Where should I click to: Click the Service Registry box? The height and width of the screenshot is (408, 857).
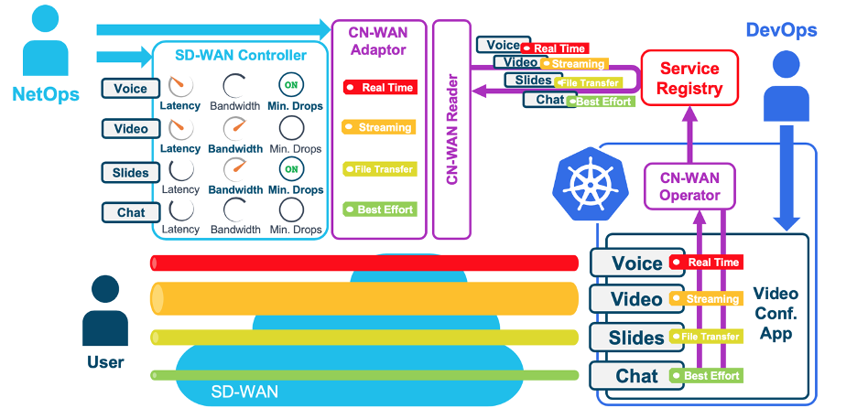click(x=690, y=79)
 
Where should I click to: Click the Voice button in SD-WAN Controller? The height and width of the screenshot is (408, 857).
click(x=131, y=89)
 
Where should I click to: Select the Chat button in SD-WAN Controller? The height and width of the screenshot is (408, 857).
click(x=131, y=212)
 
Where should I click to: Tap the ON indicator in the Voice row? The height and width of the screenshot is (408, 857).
click(x=292, y=86)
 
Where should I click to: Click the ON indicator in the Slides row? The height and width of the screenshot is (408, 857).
click(x=292, y=169)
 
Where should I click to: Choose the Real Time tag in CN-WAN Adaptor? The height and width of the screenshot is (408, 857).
click(x=379, y=88)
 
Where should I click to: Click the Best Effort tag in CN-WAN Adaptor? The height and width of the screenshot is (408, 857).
click(x=379, y=209)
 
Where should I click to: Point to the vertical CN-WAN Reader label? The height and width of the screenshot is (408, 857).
click(x=452, y=130)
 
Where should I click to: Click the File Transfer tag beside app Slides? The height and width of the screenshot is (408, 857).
click(x=705, y=337)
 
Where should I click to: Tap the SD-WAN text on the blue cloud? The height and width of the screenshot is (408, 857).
click(x=244, y=392)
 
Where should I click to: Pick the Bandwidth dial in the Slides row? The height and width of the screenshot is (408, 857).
click(x=235, y=169)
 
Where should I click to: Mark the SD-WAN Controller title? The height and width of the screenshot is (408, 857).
click(x=241, y=56)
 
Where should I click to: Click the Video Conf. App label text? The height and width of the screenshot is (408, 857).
click(x=776, y=314)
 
